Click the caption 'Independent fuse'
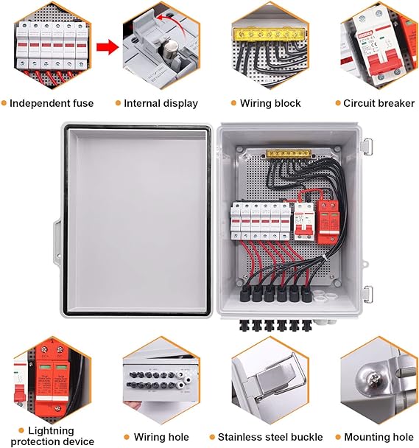tap(52, 103)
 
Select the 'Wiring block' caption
tap(270, 103)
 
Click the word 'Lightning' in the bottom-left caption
tap(52, 430)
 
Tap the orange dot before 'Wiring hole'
tap(127, 437)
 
